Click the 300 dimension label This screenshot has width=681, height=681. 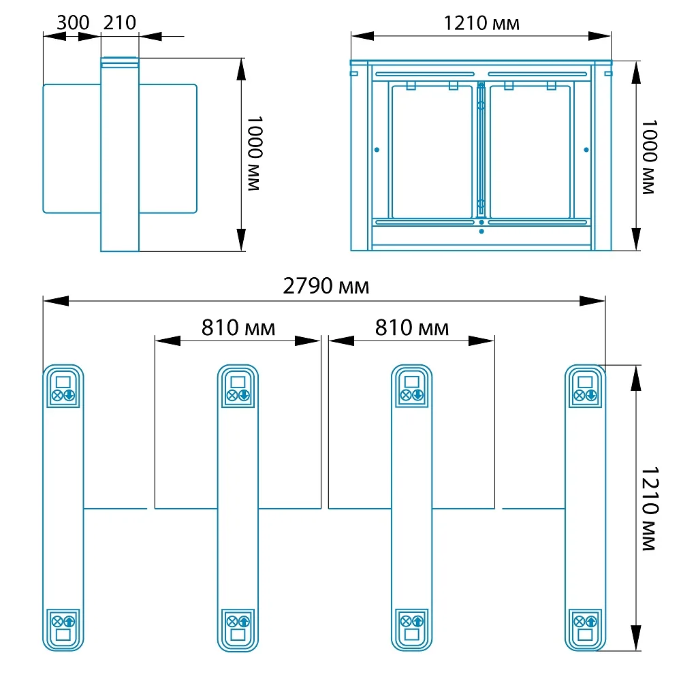tap(73, 22)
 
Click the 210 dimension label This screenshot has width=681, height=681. tap(120, 22)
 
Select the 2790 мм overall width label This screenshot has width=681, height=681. tap(326, 286)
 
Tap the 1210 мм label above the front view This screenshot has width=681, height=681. tap(481, 23)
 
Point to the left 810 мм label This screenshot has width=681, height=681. tap(238, 328)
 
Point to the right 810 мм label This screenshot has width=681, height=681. tap(412, 328)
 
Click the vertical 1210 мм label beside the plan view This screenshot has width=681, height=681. tap(650, 509)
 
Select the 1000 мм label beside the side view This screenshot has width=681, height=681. tap(255, 153)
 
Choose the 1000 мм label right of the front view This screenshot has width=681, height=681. tap(649, 157)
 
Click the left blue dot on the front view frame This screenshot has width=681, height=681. tap(377, 150)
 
